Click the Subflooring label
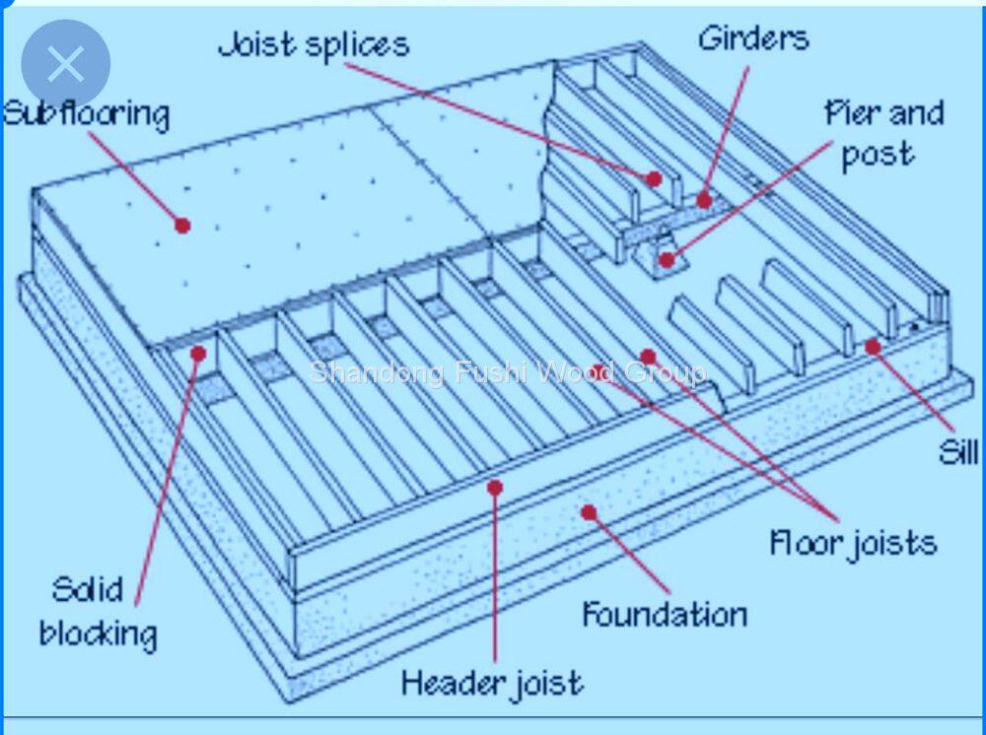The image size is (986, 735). coord(87,114)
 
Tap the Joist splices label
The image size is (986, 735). coord(314,45)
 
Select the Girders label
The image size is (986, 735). coord(753,39)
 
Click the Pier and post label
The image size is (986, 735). coord(882,134)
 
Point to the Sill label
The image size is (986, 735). coord(957,453)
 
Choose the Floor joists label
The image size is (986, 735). coord(853,542)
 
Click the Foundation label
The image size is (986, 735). coord(664,615)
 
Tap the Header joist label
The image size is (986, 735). coord(492,682)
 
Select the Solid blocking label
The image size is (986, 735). coord(98,611)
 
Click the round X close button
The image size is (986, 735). coord(65,64)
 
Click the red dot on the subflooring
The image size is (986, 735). coord(182,225)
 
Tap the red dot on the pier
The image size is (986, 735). coord(668,260)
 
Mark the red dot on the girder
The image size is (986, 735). coord(704,200)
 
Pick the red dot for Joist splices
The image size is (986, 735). coord(654,179)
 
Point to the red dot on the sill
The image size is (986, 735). coord(873,347)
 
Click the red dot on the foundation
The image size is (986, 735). coord(589,511)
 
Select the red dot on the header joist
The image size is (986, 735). coord(495,487)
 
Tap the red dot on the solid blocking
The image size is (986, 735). coord(198,353)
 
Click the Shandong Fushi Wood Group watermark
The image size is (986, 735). coord(508,372)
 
